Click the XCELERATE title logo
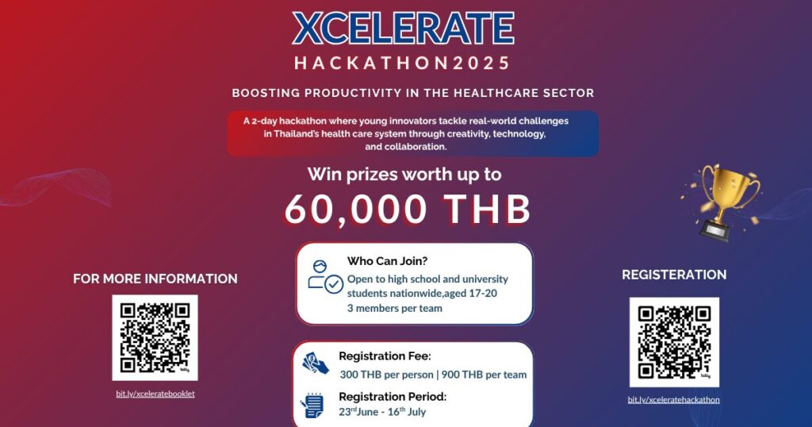pos(403,29)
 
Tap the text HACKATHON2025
pos(402,63)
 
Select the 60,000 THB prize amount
pos(408,210)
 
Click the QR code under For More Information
pos(155,337)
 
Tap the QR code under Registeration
pos(674,342)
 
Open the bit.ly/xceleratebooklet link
pos(155,394)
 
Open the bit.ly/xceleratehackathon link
pos(674,399)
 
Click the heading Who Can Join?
pos(387,261)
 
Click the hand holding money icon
pos(316,364)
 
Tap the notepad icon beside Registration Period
pos(312,406)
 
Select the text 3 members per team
pos(395,308)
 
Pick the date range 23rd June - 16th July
pos(382,412)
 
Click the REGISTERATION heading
pos(674,275)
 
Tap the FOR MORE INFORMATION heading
pos(155,279)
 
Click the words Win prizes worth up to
pos(404,174)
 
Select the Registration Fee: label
pos(385,356)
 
